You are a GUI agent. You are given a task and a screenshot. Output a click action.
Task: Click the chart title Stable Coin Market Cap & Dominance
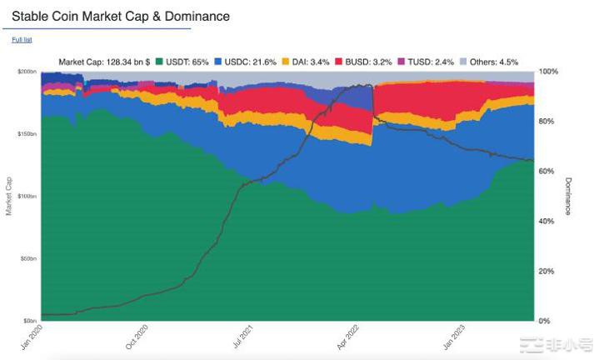point(121,17)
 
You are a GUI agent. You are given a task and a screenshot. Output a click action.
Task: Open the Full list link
point(22,40)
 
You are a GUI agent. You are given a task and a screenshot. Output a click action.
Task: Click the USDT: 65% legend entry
point(186,62)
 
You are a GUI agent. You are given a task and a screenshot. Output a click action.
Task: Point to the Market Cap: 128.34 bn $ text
point(103,62)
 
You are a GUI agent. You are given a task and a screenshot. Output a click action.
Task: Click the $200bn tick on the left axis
point(27,72)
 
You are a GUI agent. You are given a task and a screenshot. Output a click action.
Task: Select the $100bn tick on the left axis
point(27,197)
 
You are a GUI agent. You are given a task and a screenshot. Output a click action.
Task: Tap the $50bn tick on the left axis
point(29,259)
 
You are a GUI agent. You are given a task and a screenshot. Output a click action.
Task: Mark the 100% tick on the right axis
point(548,72)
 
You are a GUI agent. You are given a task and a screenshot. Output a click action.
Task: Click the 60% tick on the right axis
point(547,172)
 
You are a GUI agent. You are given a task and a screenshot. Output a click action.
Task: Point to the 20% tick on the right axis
point(547,272)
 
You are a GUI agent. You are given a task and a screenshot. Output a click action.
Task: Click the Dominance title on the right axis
point(568,196)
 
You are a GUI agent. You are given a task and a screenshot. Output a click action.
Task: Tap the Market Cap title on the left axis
point(8,196)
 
